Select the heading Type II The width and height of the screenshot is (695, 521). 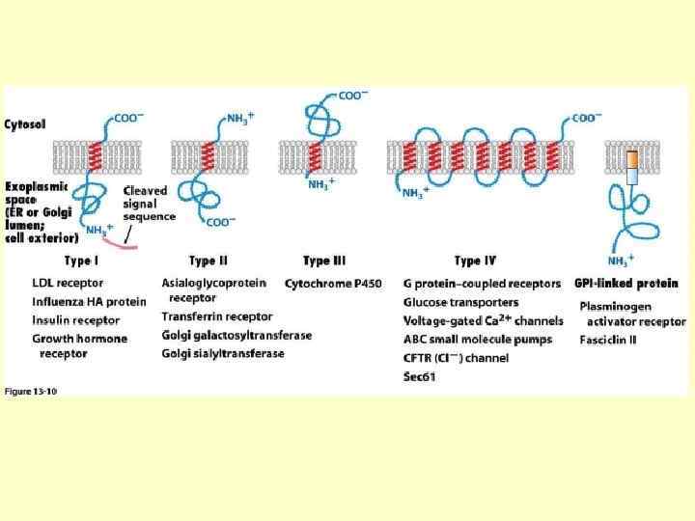click(208, 260)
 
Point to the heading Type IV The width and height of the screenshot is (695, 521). click(475, 260)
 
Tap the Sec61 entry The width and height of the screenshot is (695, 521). click(422, 376)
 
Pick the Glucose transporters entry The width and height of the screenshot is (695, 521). click(460, 302)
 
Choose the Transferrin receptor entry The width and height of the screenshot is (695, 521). click(217, 316)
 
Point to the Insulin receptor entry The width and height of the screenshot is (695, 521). click(76, 320)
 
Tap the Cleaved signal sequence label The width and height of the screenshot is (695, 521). click(149, 204)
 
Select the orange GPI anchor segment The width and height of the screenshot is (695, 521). click(631, 159)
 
